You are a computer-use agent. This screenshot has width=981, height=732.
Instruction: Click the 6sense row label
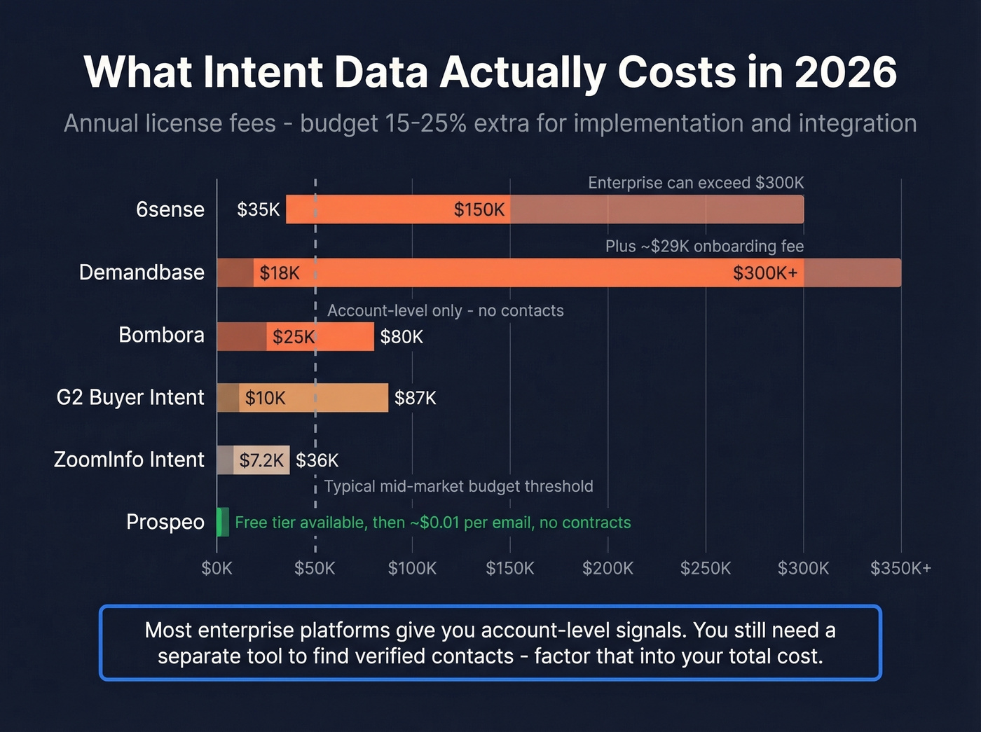pos(170,209)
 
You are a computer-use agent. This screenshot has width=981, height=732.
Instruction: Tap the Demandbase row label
pos(142,272)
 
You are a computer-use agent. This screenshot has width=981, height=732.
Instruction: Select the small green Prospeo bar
pos(223,523)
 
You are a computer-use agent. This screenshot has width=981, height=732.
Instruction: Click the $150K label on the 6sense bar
pos(479,209)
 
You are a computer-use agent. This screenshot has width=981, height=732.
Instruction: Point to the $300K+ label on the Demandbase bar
pos(765,273)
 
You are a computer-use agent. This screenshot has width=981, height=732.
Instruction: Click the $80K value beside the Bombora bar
pos(402,337)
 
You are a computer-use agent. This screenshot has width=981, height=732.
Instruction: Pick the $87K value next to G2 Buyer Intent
pos(416,399)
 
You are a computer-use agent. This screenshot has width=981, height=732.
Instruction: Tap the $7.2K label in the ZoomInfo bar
pos(261,460)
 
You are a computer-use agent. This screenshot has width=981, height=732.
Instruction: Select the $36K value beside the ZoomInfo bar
pos(317,460)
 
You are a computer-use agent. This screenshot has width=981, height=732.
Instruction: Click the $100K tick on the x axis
pos(412,568)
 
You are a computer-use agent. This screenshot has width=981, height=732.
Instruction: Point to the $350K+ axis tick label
pos(900,568)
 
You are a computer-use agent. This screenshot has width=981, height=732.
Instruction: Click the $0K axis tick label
pos(217,568)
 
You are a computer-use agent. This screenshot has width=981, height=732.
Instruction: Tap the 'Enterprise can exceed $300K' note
pos(696,183)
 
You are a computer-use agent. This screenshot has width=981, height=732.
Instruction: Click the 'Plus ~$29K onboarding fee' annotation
pos(704,247)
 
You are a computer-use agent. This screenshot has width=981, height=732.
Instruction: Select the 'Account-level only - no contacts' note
pos(446,310)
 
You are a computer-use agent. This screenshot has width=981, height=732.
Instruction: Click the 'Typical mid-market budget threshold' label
pos(458,486)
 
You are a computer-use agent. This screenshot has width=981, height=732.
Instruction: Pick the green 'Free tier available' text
pos(432,523)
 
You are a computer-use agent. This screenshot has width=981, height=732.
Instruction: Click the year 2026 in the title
pos(846,72)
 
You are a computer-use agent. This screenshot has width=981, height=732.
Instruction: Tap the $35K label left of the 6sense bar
pos(259,209)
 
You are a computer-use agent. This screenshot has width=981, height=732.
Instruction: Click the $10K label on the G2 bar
pos(265,399)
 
